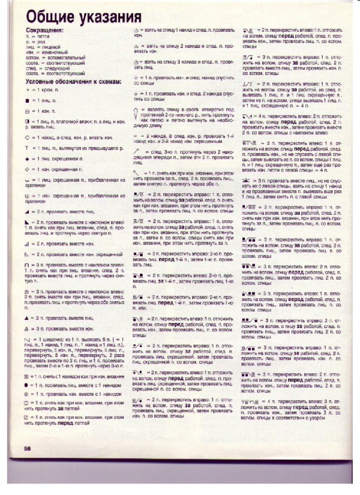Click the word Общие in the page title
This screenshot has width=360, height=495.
tap(49, 16)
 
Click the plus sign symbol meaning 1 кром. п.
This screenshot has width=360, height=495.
tap(27, 89)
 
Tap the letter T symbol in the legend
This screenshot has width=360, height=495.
tap(27, 148)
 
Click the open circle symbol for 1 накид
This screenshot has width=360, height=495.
tap(27, 137)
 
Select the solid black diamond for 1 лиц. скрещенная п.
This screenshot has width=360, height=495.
tap(27, 158)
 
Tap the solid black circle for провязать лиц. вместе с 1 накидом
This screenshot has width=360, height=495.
tap(28, 385)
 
